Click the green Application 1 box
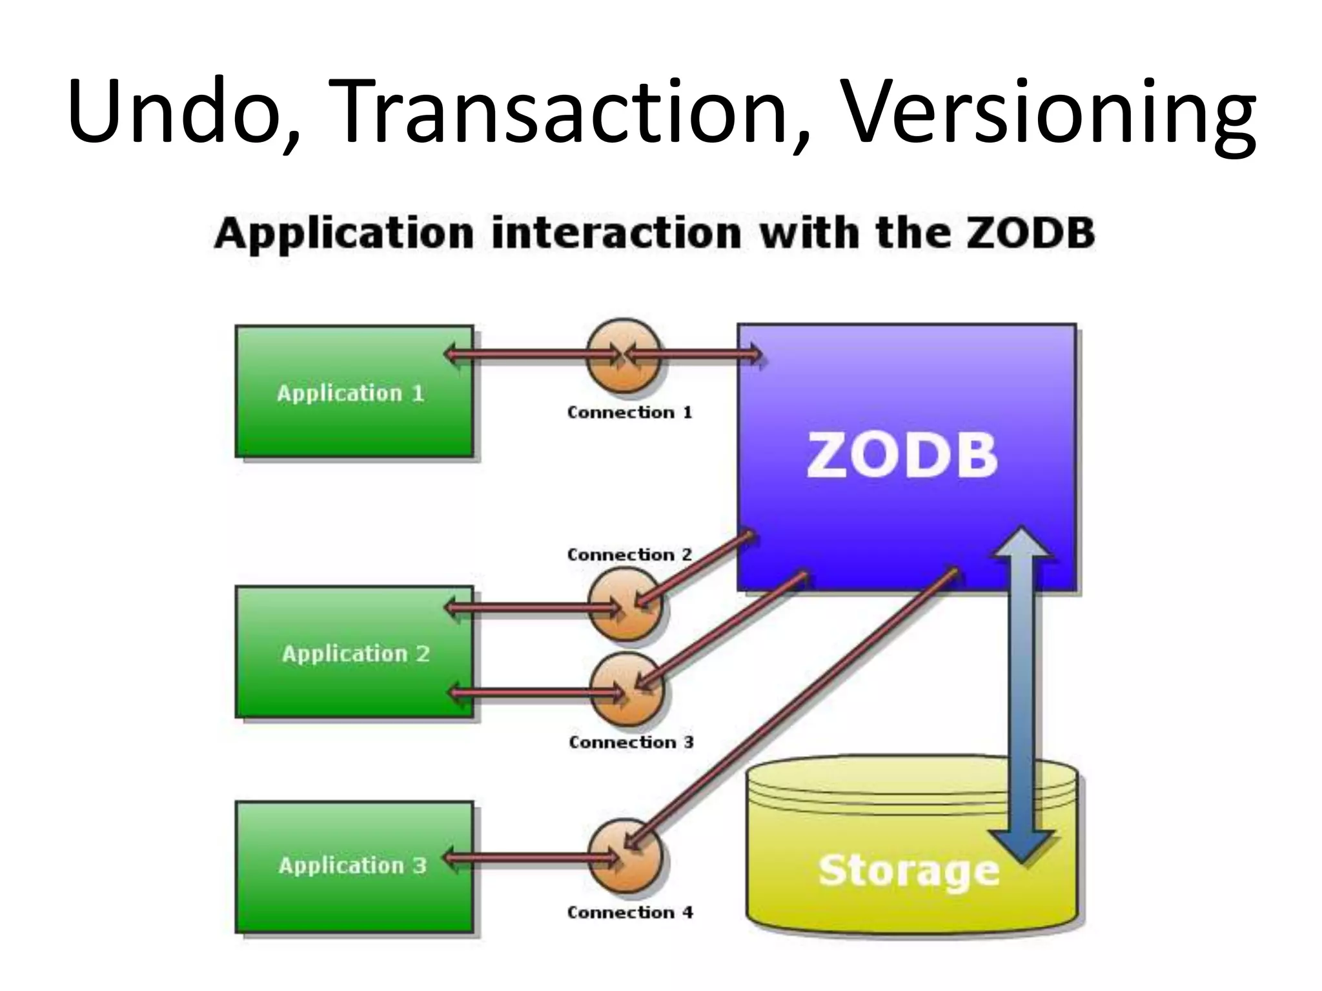pos(354,392)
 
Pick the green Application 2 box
pos(354,652)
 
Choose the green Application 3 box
pos(354,866)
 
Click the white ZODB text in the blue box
pos(902,455)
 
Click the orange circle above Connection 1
pos(624,355)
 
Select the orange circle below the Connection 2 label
pos(625,606)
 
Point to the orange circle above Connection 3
pos(626,690)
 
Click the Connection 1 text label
pos(629,412)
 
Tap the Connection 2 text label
pos(629,555)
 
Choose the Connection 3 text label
pos(631,742)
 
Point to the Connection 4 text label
pos(629,912)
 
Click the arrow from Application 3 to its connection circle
pos(529,858)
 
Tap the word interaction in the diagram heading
pos(616,233)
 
